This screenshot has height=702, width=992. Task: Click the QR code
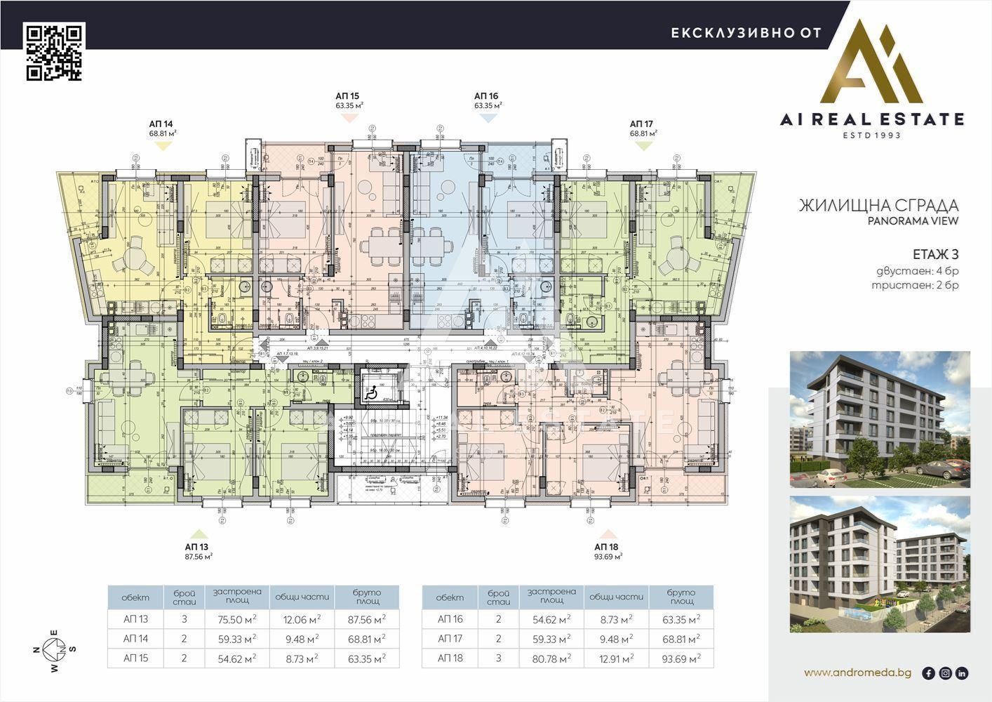55,52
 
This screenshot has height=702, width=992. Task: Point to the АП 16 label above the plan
486,96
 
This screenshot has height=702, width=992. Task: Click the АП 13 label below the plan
197,546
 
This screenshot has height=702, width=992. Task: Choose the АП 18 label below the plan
607,546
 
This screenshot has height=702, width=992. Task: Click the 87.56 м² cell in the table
367,619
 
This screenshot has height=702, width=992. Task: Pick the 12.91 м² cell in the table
617,658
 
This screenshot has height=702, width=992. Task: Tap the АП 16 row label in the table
450,619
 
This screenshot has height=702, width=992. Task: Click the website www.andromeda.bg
857,673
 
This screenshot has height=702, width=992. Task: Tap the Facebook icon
928,673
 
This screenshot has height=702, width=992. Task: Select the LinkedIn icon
962,673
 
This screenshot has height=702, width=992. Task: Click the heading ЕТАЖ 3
935,254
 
